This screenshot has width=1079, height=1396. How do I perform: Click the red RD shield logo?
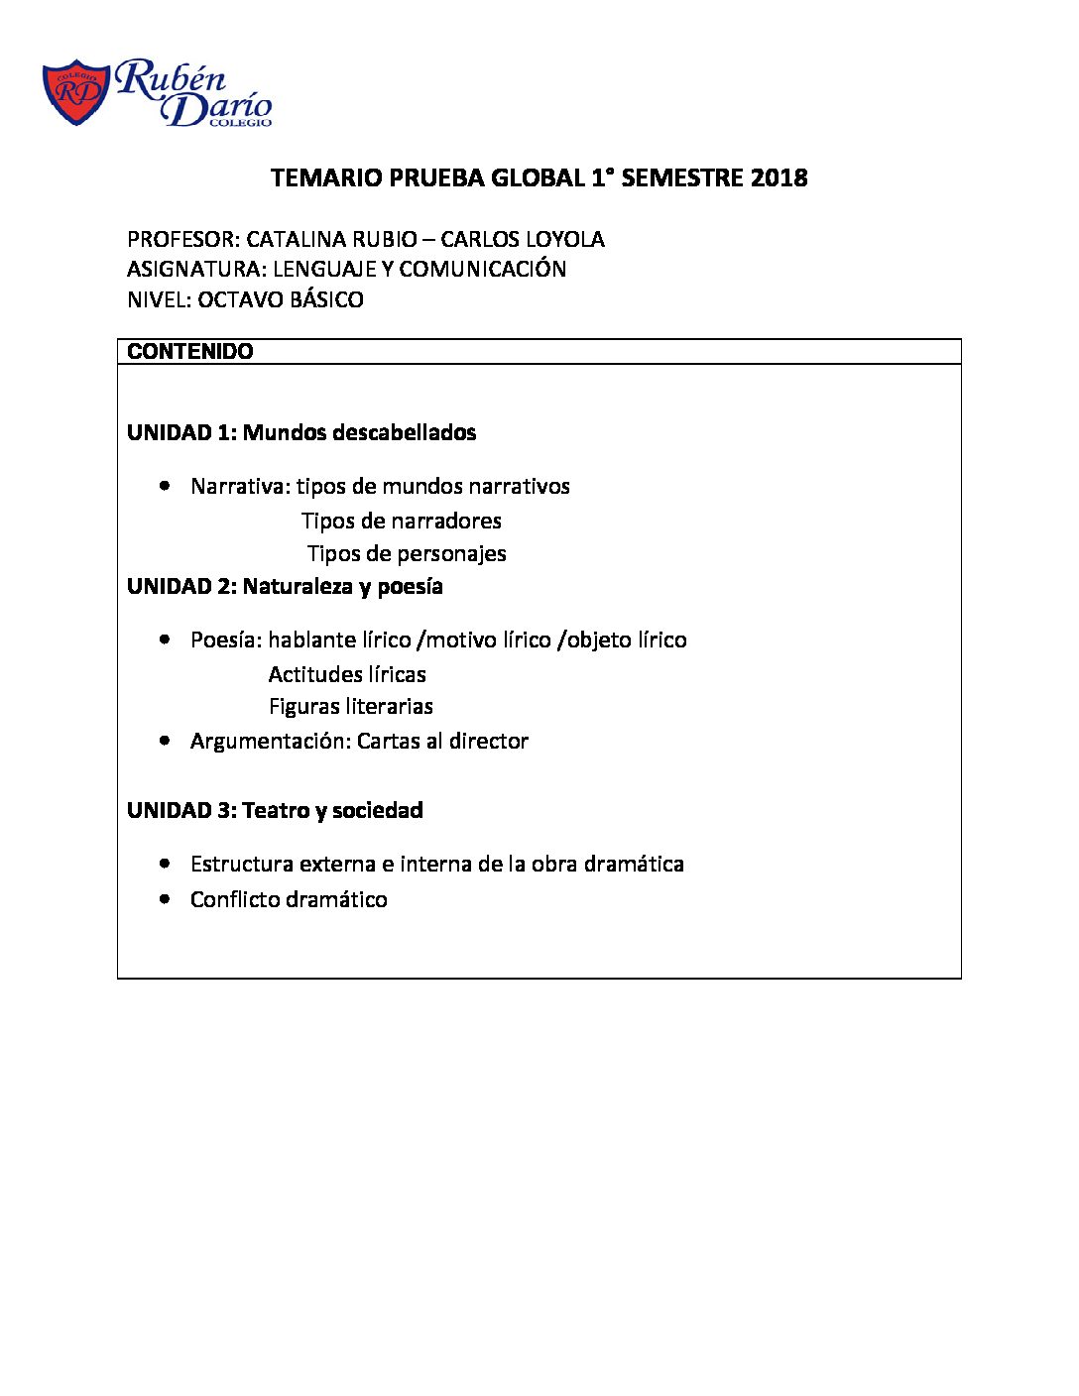(75, 92)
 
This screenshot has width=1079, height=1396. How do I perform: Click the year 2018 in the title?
(779, 178)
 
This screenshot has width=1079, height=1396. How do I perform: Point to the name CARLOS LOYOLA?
(523, 240)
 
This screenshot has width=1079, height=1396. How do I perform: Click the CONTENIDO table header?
(190, 352)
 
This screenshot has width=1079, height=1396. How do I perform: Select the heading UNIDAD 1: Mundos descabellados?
(301, 433)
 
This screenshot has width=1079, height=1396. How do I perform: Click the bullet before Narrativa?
(165, 486)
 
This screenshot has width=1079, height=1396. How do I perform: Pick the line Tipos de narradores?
(402, 522)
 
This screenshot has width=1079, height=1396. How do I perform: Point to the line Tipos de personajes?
(407, 554)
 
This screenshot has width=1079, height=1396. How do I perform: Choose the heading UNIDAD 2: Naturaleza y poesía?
(285, 587)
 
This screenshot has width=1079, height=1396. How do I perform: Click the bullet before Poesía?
(165, 640)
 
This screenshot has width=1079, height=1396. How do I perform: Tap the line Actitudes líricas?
(347, 675)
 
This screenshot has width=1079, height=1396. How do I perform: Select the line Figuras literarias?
(351, 707)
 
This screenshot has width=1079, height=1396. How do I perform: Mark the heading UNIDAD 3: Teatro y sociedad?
(275, 811)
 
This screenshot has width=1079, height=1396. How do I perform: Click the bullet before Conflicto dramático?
(165, 899)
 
